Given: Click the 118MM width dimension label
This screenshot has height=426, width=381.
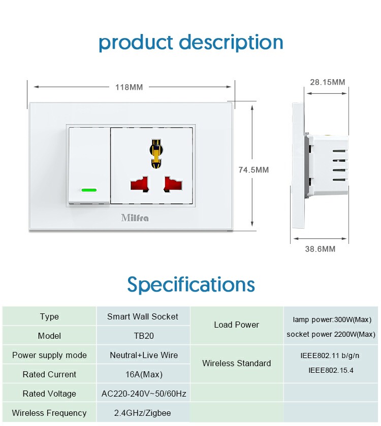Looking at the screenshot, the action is (x=129, y=87).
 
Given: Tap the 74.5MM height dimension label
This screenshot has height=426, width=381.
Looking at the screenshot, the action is (x=253, y=170).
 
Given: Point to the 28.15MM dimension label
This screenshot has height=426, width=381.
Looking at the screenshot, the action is (x=328, y=82).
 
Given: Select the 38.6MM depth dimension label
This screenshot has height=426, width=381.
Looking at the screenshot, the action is (x=321, y=249).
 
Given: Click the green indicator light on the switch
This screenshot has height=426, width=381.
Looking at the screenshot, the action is (x=89, y=190).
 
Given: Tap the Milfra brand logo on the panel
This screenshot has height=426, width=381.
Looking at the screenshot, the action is (x=135, y=218).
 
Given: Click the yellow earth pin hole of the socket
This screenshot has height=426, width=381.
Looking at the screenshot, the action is (x=156, y=154).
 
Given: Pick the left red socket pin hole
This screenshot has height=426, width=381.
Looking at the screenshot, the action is (x=139, y=185).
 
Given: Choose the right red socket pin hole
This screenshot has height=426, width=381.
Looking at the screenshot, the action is (x=173, y=185).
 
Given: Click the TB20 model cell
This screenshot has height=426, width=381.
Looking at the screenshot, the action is (x=144, y=336).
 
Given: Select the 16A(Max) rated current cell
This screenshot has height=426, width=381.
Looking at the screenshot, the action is (x=144, y=374).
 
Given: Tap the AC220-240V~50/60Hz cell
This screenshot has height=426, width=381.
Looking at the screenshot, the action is (x=144, y=394).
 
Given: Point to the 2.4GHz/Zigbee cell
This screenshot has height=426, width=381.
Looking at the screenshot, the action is (x=143, y=413).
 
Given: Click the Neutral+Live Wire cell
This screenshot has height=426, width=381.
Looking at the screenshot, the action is (x=144, y=355).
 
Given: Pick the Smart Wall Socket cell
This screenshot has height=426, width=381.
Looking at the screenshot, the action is (x=143, y=316).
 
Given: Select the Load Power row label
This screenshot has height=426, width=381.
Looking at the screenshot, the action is (x=237, y=325).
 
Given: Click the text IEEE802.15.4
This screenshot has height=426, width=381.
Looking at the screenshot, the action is (x=331, y=370).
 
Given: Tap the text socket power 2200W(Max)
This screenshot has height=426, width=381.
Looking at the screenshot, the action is (x=331, y=334).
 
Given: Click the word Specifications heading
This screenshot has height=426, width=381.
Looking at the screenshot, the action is (x=191, y=285).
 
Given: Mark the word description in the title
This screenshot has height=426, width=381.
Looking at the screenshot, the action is (x=231, y=43).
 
